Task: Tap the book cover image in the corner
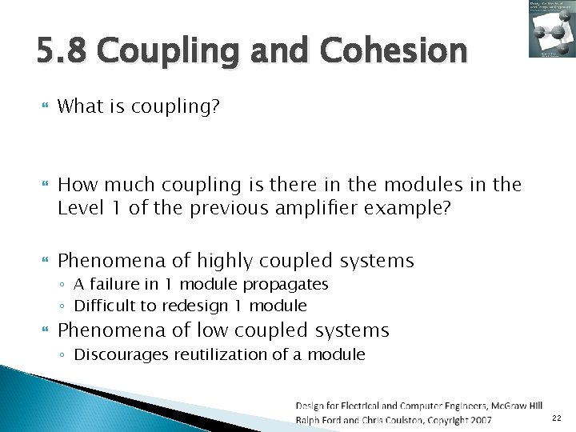[x=550, y=29]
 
